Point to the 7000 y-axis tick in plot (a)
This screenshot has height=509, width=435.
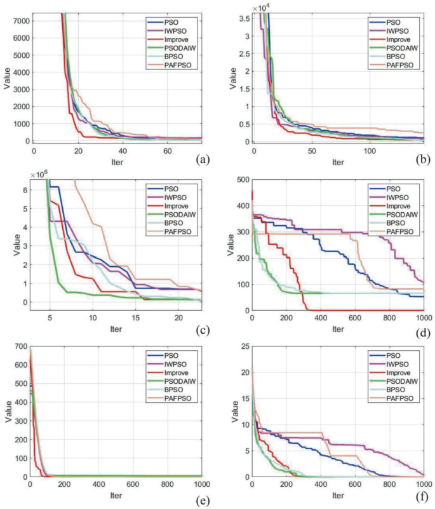pos(19,20)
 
